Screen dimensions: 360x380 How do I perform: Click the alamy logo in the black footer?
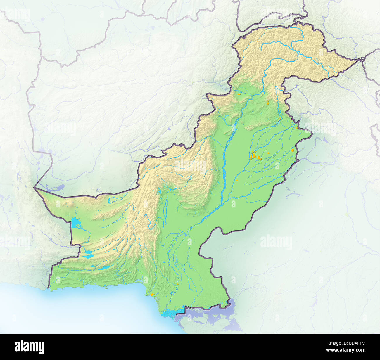30,347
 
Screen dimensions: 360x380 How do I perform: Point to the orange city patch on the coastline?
152,294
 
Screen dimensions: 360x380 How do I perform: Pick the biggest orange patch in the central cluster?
253,156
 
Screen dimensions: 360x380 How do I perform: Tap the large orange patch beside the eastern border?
293,150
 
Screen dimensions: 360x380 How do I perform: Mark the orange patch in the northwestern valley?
239,94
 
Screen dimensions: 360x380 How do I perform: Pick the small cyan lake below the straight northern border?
109,200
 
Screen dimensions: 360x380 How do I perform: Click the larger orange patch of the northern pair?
268,102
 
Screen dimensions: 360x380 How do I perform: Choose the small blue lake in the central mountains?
159,191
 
